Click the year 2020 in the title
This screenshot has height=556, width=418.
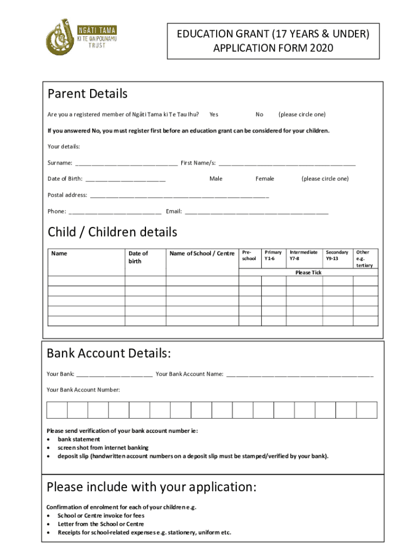click(x=322, y=48)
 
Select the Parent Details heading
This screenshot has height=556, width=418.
click(x=87, y=94)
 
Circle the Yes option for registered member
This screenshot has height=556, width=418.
click(x=214, y=115)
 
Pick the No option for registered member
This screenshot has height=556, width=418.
click(x=259, y=115)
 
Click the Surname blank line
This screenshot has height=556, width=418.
click(x=126, y=163)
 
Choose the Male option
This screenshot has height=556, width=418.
click(x=216, y=179)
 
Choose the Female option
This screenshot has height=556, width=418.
click(x=265, y=179)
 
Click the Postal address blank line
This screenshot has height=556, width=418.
click(x=179, y=195)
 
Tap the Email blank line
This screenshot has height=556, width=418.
click(x=256, y=212)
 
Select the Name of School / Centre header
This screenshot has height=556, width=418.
click(x=202, y=254)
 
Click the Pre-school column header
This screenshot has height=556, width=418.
click(x=249, y=255)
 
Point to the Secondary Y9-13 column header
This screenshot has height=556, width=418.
click(x=337, y=255)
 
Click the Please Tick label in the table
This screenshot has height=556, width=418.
click(x=308, y=273)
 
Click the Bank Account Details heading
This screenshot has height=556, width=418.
click(x=109, y=354)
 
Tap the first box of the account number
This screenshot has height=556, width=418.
click(x=57, y=410)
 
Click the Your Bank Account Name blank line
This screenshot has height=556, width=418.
click(x=300, y=375)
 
